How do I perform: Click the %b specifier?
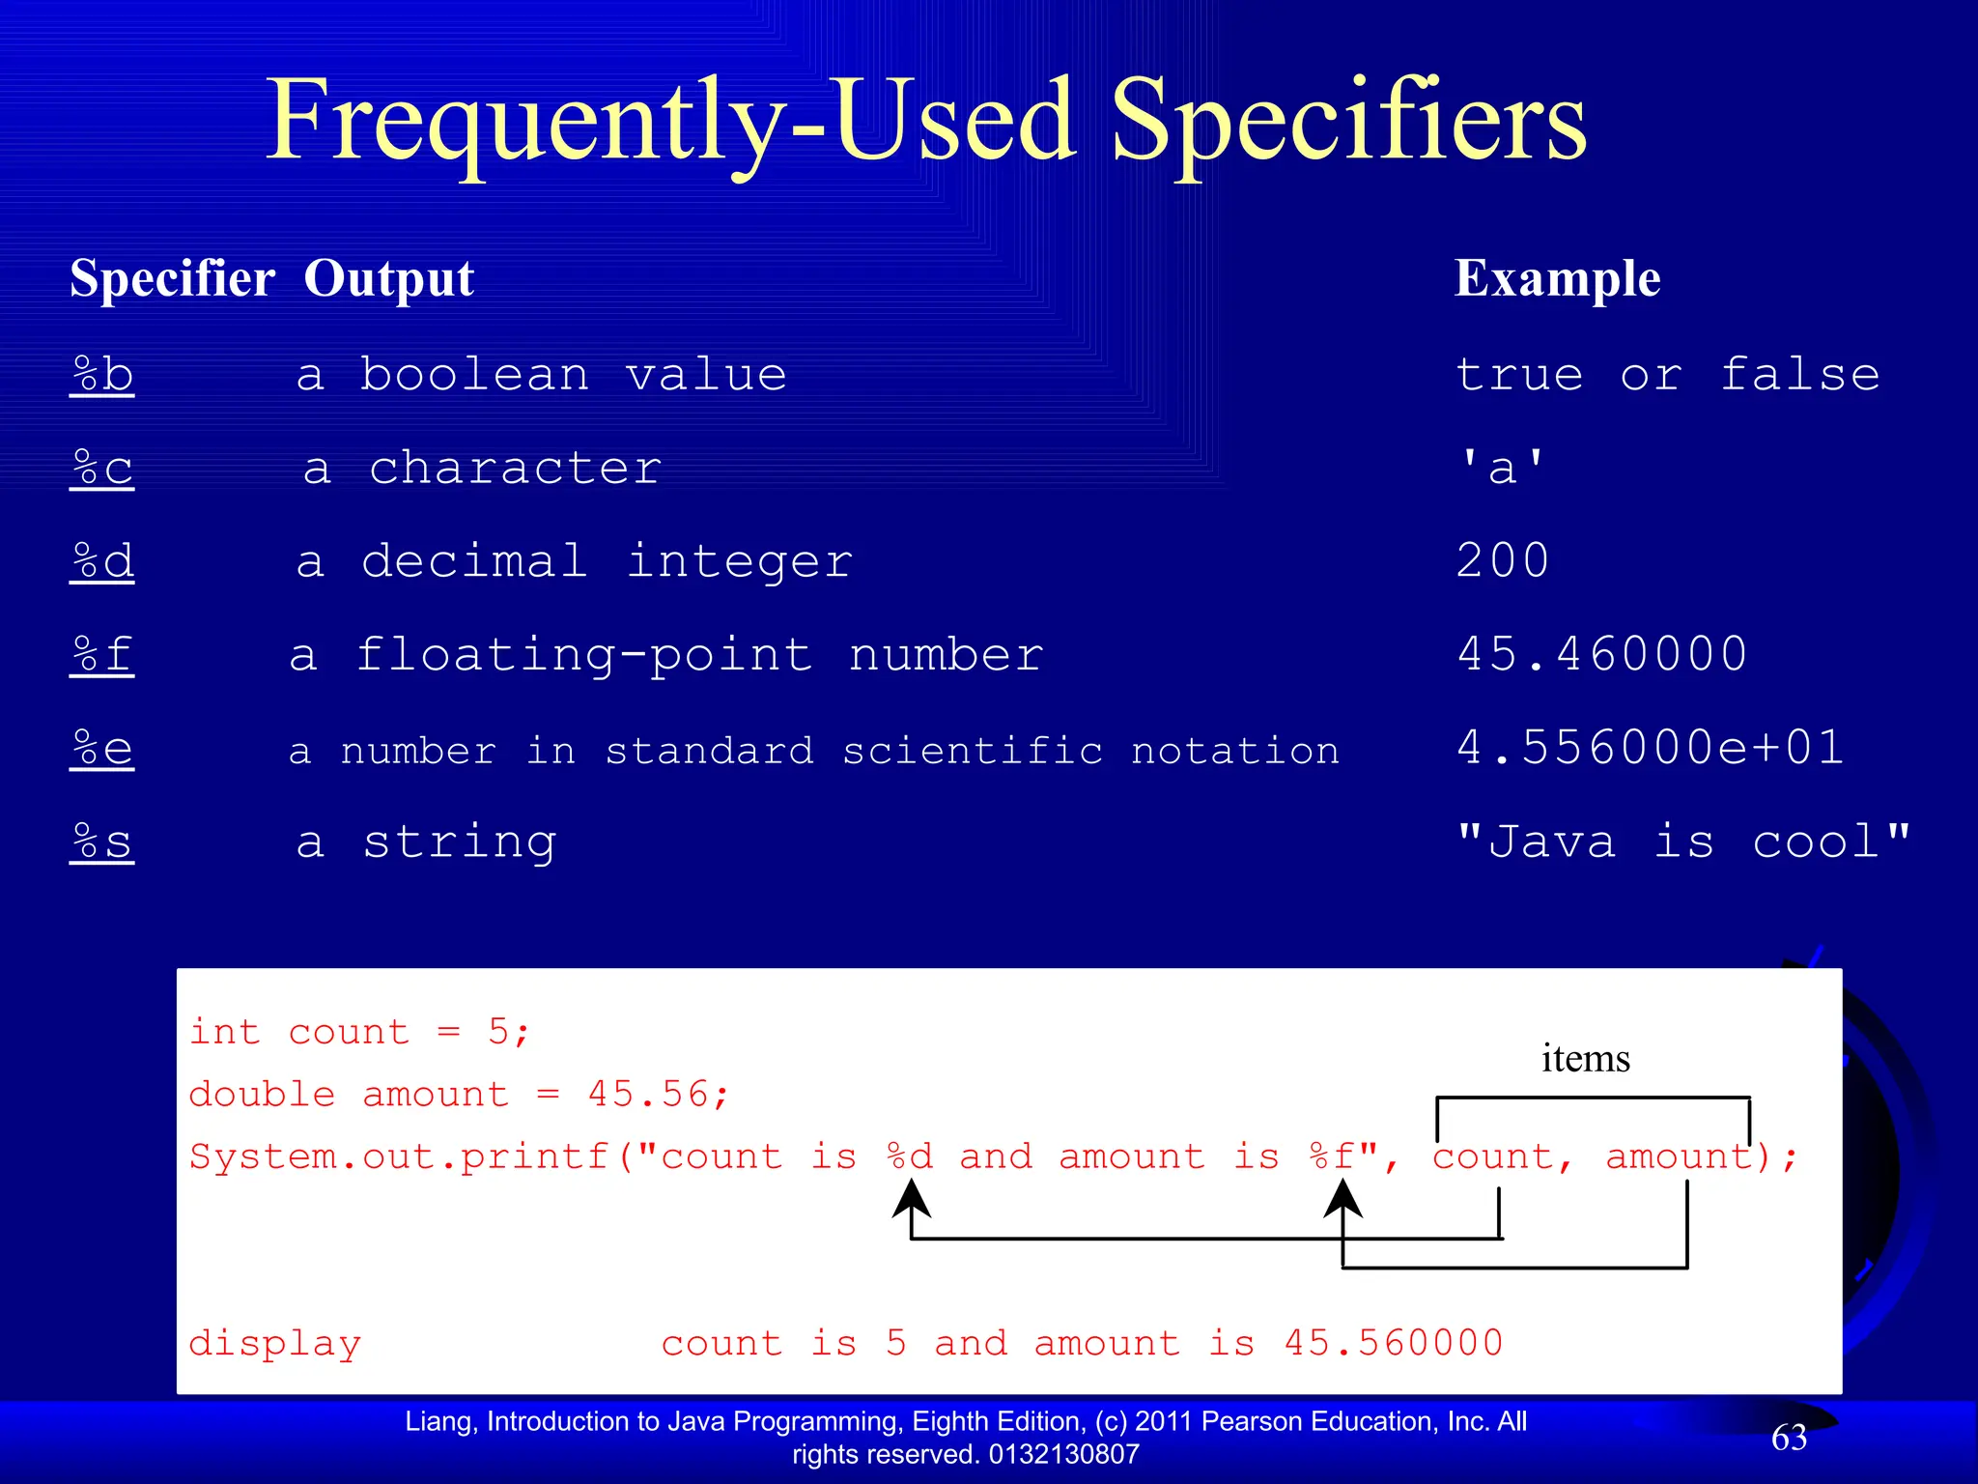click(101, 375)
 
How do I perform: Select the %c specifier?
click(101, 469)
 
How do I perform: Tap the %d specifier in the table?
click(101, 561)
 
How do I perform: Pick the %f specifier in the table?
click(101, 655)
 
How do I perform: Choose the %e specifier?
click(101, 749)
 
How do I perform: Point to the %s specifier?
click(101, 842)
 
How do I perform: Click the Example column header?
click(1557, 278)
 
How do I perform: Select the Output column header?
click(388, 278)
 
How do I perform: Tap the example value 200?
click(1502, 561)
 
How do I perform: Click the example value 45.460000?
click(1601, 654)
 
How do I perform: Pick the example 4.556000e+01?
click(1650, 748)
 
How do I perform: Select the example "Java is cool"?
click(1682, 842)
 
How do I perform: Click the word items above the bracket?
click(1585, 1059)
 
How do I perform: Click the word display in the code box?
click(275, 1343)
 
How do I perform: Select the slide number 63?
click(1789, 1438)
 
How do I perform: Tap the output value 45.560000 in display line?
click(1393, 1343)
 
